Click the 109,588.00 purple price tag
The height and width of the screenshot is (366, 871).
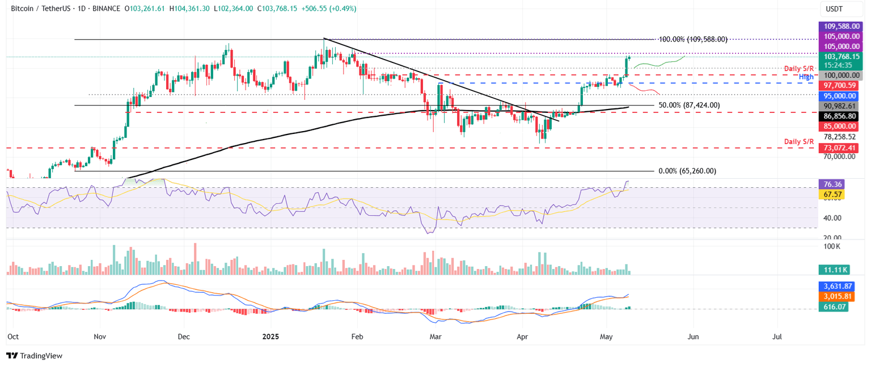(842, 26)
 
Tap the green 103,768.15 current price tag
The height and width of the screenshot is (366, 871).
(842, 56)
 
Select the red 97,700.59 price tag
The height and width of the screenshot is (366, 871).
(842, 85)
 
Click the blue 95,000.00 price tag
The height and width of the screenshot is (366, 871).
(842, 96)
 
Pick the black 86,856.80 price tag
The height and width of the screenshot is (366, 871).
(842, 116)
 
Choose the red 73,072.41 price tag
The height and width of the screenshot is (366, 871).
(842, 148)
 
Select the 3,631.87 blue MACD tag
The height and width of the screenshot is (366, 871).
(838, 286)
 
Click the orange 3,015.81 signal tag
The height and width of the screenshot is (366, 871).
(838, 296)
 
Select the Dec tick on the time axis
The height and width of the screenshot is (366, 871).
(183, 336)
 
